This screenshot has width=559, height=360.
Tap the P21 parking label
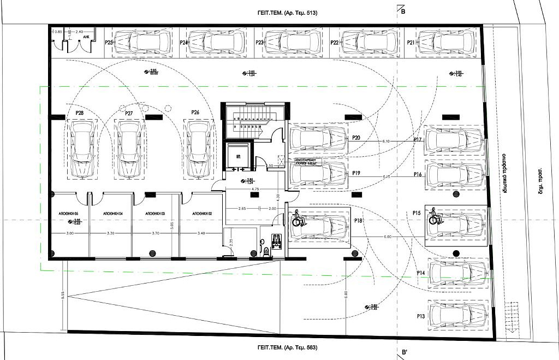point(411,42)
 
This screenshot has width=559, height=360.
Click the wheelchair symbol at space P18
point(298,219)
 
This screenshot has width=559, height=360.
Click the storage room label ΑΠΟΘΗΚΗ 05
point(69,213)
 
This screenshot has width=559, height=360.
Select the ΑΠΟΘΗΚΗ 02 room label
point(194,213)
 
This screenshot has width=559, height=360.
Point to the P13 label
point(420,316)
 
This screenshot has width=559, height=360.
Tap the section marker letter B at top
point(403,11)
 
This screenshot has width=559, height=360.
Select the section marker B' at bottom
point(404,352)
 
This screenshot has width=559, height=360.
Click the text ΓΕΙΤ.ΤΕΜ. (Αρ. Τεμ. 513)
point(287,12)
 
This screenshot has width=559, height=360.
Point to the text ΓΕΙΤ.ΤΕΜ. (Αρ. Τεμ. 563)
point(287,347)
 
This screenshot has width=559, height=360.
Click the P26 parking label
point(195,113)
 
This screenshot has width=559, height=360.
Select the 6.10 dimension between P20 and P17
point(386,141)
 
